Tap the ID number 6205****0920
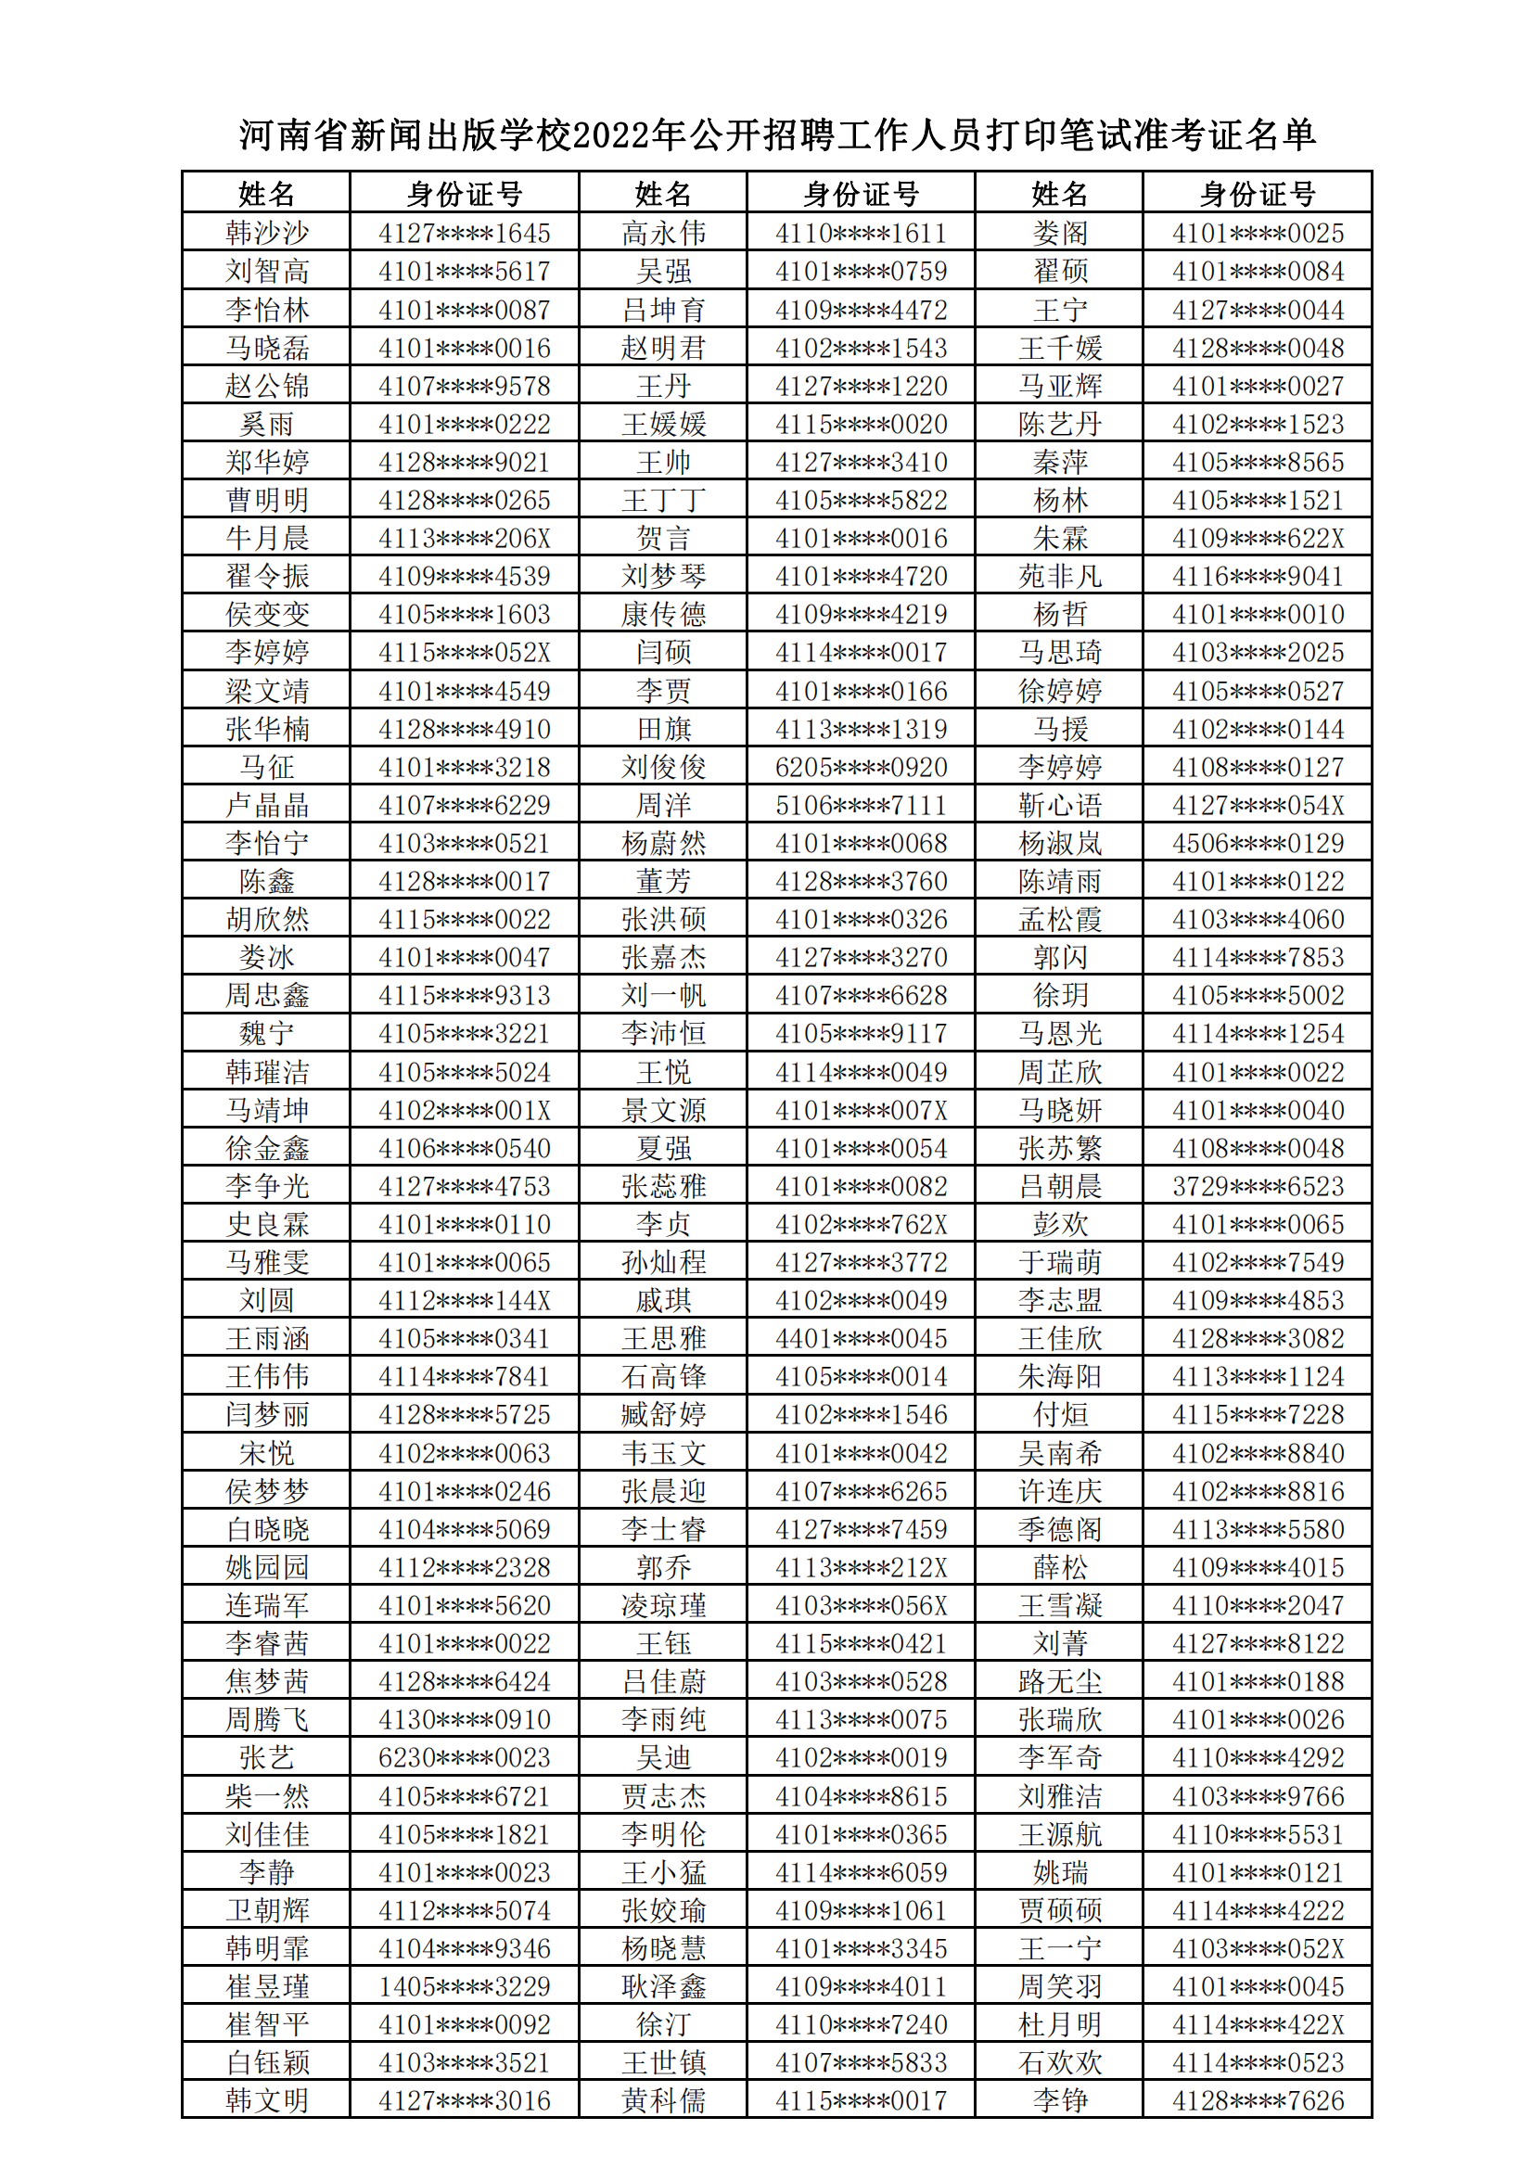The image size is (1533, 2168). (x=861, y=768)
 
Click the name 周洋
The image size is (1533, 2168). (x=663, y=806)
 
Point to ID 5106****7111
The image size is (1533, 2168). (x=861, y=806)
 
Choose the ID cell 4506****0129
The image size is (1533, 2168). (x=1258, y=843)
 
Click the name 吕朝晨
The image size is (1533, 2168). (x=1060, y=1186)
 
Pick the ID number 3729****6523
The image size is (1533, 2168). (x=1258, y=1186)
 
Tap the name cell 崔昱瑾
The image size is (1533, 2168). (x=266, y=1986)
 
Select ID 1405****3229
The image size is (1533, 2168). (x=464, y=1986)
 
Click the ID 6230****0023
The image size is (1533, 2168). (x=464, y=1758)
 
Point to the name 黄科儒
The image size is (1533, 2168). (x=663, y=2101)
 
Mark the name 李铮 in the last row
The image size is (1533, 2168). (x=1060, y=2101)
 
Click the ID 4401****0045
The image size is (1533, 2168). (x=861, y=1339)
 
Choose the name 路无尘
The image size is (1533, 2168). (x=1060, y=1682)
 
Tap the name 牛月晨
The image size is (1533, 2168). (x=266, y=538)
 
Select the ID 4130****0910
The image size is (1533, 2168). (x=464, y=1719)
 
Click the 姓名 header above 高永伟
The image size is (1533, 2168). (x=663, y=195)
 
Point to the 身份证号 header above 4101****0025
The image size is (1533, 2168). (x=1258, y=195)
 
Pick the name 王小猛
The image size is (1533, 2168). (x=663, y=1872)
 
